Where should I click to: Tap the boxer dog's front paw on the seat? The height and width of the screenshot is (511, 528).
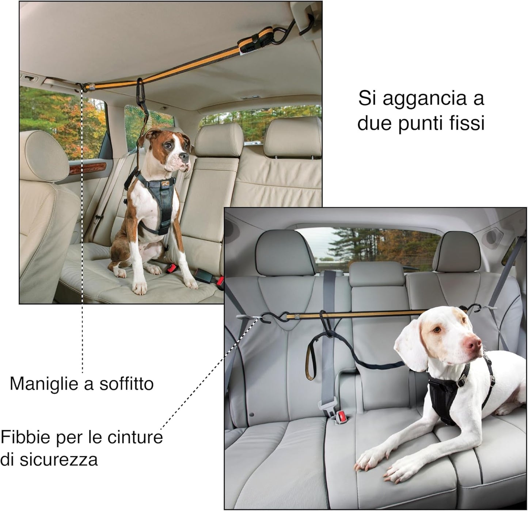[x=140, y=287]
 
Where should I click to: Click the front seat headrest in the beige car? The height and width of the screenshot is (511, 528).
[x=44, y=156]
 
